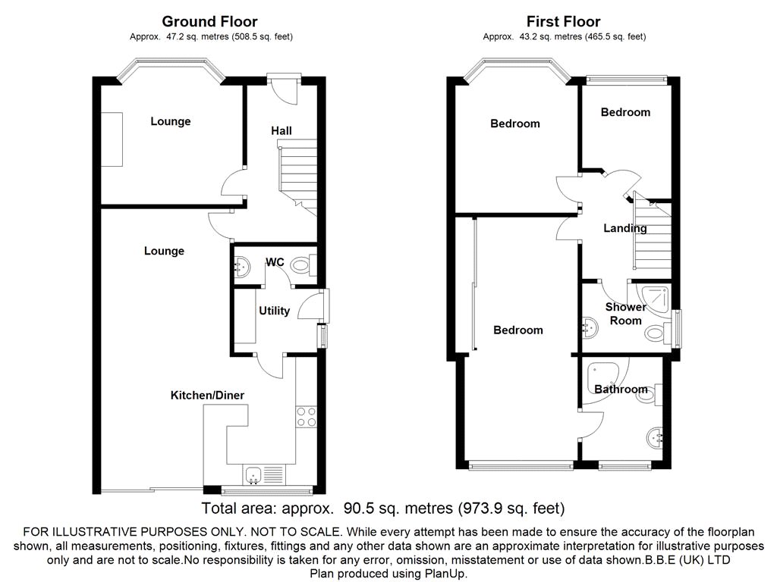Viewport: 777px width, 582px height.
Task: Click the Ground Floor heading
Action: (x=209, y=22)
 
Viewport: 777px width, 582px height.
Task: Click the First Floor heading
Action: (x=564, y=22)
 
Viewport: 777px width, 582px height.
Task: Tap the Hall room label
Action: (x=281, y=130)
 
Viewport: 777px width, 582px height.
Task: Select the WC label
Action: (x=275, y=261)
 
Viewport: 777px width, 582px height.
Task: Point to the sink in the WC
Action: (x=241, y=268)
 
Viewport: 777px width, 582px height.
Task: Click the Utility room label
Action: (x=274, y=311)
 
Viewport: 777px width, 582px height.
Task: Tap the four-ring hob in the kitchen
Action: (x=307, y=417)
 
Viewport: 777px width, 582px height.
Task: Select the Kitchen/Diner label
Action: (x=207, y=395)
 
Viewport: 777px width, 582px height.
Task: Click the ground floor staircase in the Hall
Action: (x=297, y=177)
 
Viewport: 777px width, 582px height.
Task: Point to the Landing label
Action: (x=625, y=228)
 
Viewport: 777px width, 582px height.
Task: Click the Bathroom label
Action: (x=621, y=390)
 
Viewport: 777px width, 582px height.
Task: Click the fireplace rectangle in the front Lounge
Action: (x=112, y=139)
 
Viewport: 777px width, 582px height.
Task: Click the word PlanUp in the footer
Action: (x=445, y=574)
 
